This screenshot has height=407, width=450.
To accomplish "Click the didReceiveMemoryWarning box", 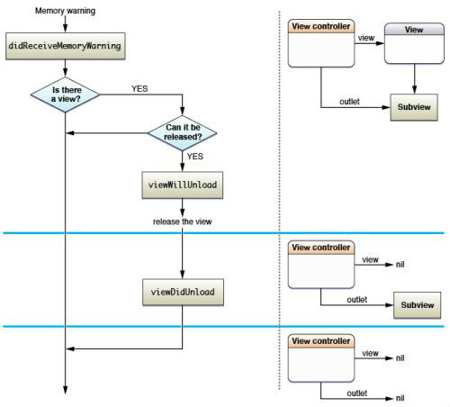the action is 66,46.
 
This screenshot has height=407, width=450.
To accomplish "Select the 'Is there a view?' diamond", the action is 65,95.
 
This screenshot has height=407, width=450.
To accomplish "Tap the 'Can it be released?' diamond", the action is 183,132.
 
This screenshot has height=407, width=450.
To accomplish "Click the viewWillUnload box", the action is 183,185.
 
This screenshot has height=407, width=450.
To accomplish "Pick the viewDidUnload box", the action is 183,292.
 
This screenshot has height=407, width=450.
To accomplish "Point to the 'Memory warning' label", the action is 65,11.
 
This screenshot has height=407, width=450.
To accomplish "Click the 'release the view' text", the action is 183,222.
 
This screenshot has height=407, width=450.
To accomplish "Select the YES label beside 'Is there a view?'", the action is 139,89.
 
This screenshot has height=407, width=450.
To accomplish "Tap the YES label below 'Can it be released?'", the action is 195,157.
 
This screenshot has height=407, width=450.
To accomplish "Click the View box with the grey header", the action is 414,43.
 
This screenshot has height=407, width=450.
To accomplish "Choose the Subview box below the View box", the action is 414,107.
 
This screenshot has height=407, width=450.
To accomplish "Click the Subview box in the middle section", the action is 418,305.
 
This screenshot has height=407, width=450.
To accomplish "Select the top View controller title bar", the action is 321,26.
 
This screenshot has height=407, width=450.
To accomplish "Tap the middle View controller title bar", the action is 321,248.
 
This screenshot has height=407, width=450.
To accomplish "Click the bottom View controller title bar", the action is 321,341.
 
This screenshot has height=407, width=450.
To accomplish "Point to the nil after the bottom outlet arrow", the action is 400,398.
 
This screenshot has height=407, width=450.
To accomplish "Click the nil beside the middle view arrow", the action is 400,265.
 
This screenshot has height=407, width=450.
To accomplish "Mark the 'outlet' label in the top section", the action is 349,102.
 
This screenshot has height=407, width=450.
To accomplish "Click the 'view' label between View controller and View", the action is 366,38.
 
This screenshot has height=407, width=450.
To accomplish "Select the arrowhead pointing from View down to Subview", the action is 414,90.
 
